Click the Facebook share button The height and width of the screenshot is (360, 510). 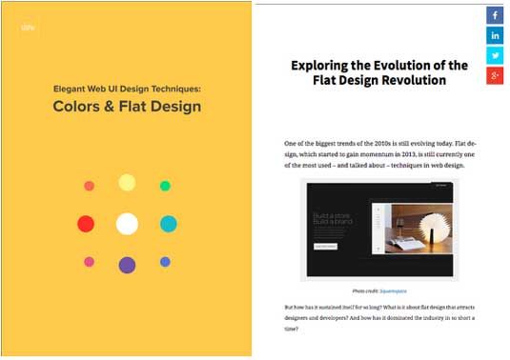[496, 15]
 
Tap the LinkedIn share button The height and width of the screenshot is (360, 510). [496, 35]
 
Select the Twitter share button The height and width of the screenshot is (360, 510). [496, 55]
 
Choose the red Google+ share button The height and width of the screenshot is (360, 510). [496, 75]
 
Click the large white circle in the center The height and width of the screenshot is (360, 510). [127, 224]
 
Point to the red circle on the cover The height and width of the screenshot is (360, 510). [86, 224]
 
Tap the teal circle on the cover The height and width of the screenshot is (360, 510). [168, 224]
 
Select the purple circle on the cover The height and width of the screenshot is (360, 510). [127, 265]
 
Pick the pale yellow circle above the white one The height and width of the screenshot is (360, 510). [127, 183]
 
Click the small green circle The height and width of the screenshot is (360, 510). [165, 186]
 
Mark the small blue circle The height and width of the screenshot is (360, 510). [165, 262]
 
